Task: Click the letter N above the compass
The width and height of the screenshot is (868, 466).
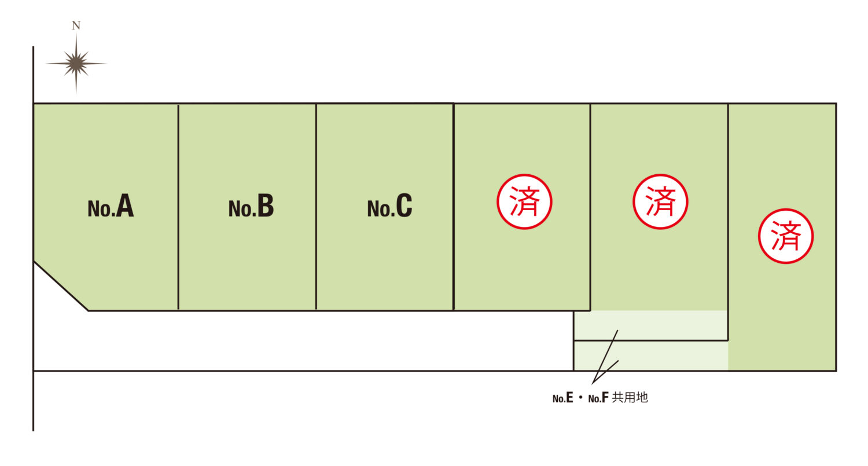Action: pos(76,25)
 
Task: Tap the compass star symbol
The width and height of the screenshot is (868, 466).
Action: pos(76,63)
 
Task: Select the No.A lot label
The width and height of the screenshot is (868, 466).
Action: pos(111,206)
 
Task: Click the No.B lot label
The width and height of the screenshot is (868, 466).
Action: pos(251,206)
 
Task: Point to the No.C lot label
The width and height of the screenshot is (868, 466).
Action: pos(390,206)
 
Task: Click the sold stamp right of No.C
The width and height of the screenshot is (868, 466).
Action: pos(524,201)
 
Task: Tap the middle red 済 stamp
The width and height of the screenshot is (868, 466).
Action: pos(660,201)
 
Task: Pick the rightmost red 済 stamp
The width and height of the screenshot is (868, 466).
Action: pos(785,236)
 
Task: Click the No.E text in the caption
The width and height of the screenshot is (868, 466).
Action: pos(562,398)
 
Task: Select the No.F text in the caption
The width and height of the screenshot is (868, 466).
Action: pos(598,398)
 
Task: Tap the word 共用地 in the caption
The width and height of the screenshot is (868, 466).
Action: pos(630,398)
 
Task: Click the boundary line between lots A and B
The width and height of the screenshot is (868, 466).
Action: pos(178,207)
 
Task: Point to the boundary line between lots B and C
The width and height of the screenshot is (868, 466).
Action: pos(316,207)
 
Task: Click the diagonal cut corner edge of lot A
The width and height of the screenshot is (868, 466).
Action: pos(61,286)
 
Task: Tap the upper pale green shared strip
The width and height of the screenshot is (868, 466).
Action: pos(650,325)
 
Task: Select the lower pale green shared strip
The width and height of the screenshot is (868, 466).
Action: pos(650,356)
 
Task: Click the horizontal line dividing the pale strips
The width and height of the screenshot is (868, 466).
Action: pos(650,341)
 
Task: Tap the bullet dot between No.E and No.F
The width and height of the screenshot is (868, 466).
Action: pos(580,398)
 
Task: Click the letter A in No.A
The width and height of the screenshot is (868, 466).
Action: pos(125,205)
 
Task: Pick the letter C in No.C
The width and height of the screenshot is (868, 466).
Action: pos(404,206)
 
